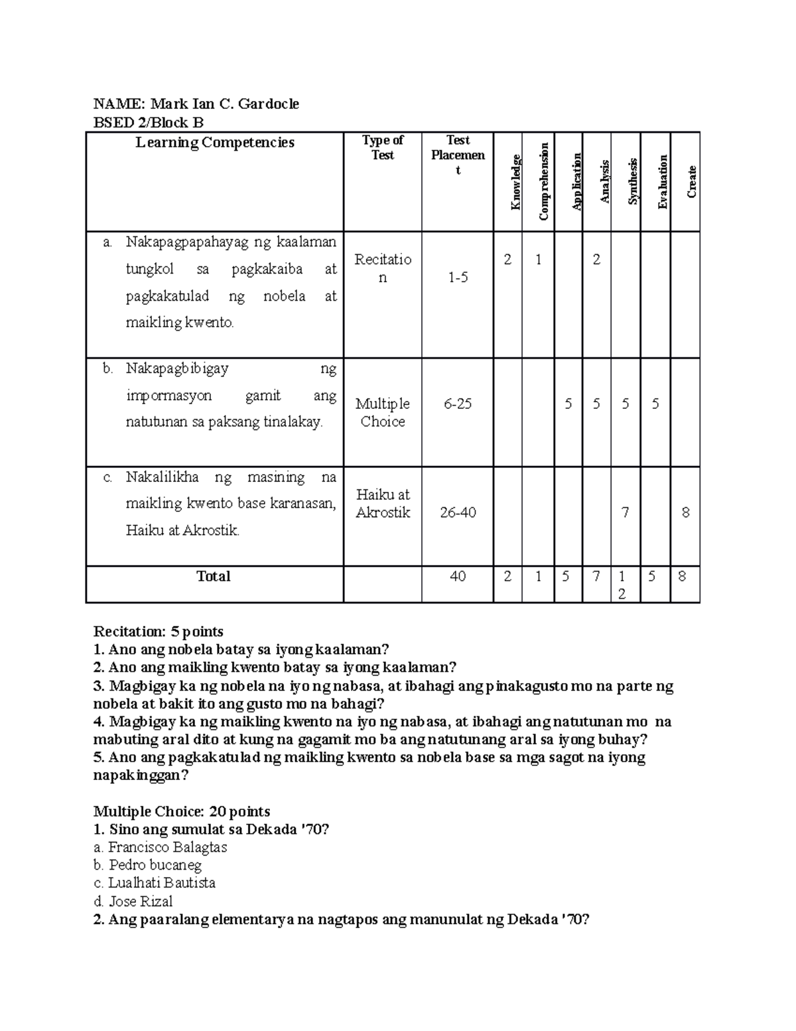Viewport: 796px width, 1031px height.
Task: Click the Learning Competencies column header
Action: click(x=215, y=143)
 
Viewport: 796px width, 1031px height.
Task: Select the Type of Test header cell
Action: click(x=383, y=147)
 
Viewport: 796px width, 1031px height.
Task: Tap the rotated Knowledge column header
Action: click(x=515, y=182)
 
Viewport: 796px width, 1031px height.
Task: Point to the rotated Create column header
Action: click(x=692, y=181)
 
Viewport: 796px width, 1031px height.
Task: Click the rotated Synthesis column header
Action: click(x=633, y=181)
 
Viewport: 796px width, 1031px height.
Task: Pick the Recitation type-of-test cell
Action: click(x=383, y=268)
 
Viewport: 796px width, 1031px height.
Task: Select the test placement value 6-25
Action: click(x=458, y=404)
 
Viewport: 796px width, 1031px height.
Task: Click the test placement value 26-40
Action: click(x=458, y=513)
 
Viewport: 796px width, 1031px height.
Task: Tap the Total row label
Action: click(x=214, y=576)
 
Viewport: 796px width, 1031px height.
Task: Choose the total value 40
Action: click(x=458, y=576)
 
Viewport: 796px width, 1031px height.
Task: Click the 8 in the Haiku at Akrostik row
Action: click(x=685, y=513)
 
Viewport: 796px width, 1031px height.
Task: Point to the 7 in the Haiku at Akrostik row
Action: click(x=625, y=513)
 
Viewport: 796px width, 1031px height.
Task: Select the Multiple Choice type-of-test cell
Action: click(x=383, y=412)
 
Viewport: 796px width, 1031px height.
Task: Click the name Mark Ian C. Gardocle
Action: click(x=224, y=104)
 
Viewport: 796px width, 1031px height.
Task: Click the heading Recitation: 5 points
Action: click(x=159, y=631)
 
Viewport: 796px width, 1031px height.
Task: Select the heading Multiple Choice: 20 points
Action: click(x=182, y=811)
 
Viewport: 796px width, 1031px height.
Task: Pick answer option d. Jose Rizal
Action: click(x=133, y=902)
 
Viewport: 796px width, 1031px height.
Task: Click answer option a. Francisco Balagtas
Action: click(x=161, y=847)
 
